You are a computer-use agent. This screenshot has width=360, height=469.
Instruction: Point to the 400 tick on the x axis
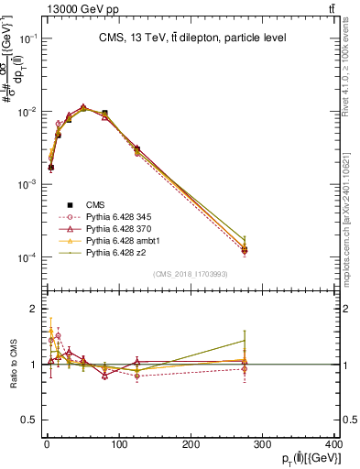(333, 445)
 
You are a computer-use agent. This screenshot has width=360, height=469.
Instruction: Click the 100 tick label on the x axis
(118, 445)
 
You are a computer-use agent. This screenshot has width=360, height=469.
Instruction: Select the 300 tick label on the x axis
(262, 445)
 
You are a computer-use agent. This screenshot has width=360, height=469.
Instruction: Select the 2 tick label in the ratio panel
(34, 309)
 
